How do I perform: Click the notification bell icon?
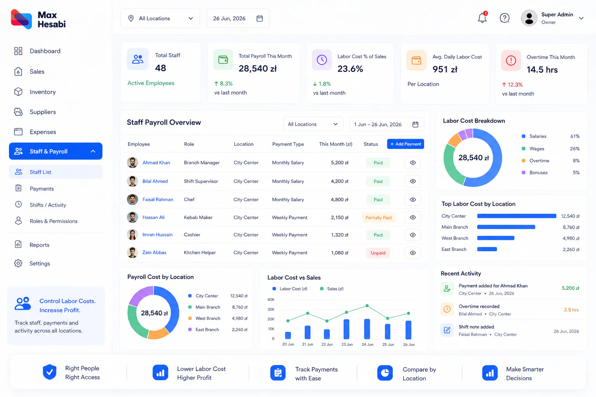click(x=482, y=18)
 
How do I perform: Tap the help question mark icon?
click(x=504, y=18)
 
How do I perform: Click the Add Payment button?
click(x=405, y=144)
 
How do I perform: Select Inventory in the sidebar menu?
click(x=43, y=92)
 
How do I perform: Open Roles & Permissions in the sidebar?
click(x=54, y=221)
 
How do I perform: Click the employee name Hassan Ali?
click(x=154, y=217)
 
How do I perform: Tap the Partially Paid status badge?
click(x=378, y=217)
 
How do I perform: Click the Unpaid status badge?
click(x=378, y=253)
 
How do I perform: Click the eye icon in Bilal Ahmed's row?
click(x=413, y=181)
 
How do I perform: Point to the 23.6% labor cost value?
click(x=350, y=69)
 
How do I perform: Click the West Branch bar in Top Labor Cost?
click(x=496, y=238)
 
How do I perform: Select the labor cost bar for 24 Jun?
click(x=367, y=329)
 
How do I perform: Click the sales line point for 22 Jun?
click(x=327, y=321)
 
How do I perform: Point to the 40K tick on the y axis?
click(x=271, y=299)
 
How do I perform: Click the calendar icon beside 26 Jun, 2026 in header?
click(x=260, y=18)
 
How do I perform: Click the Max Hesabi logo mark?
click(x=21, y=19)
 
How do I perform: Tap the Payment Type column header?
click(x=288, y=144)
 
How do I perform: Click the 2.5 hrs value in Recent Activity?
click(x=571, y=310)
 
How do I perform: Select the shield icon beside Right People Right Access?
click(x=50, y=372)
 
